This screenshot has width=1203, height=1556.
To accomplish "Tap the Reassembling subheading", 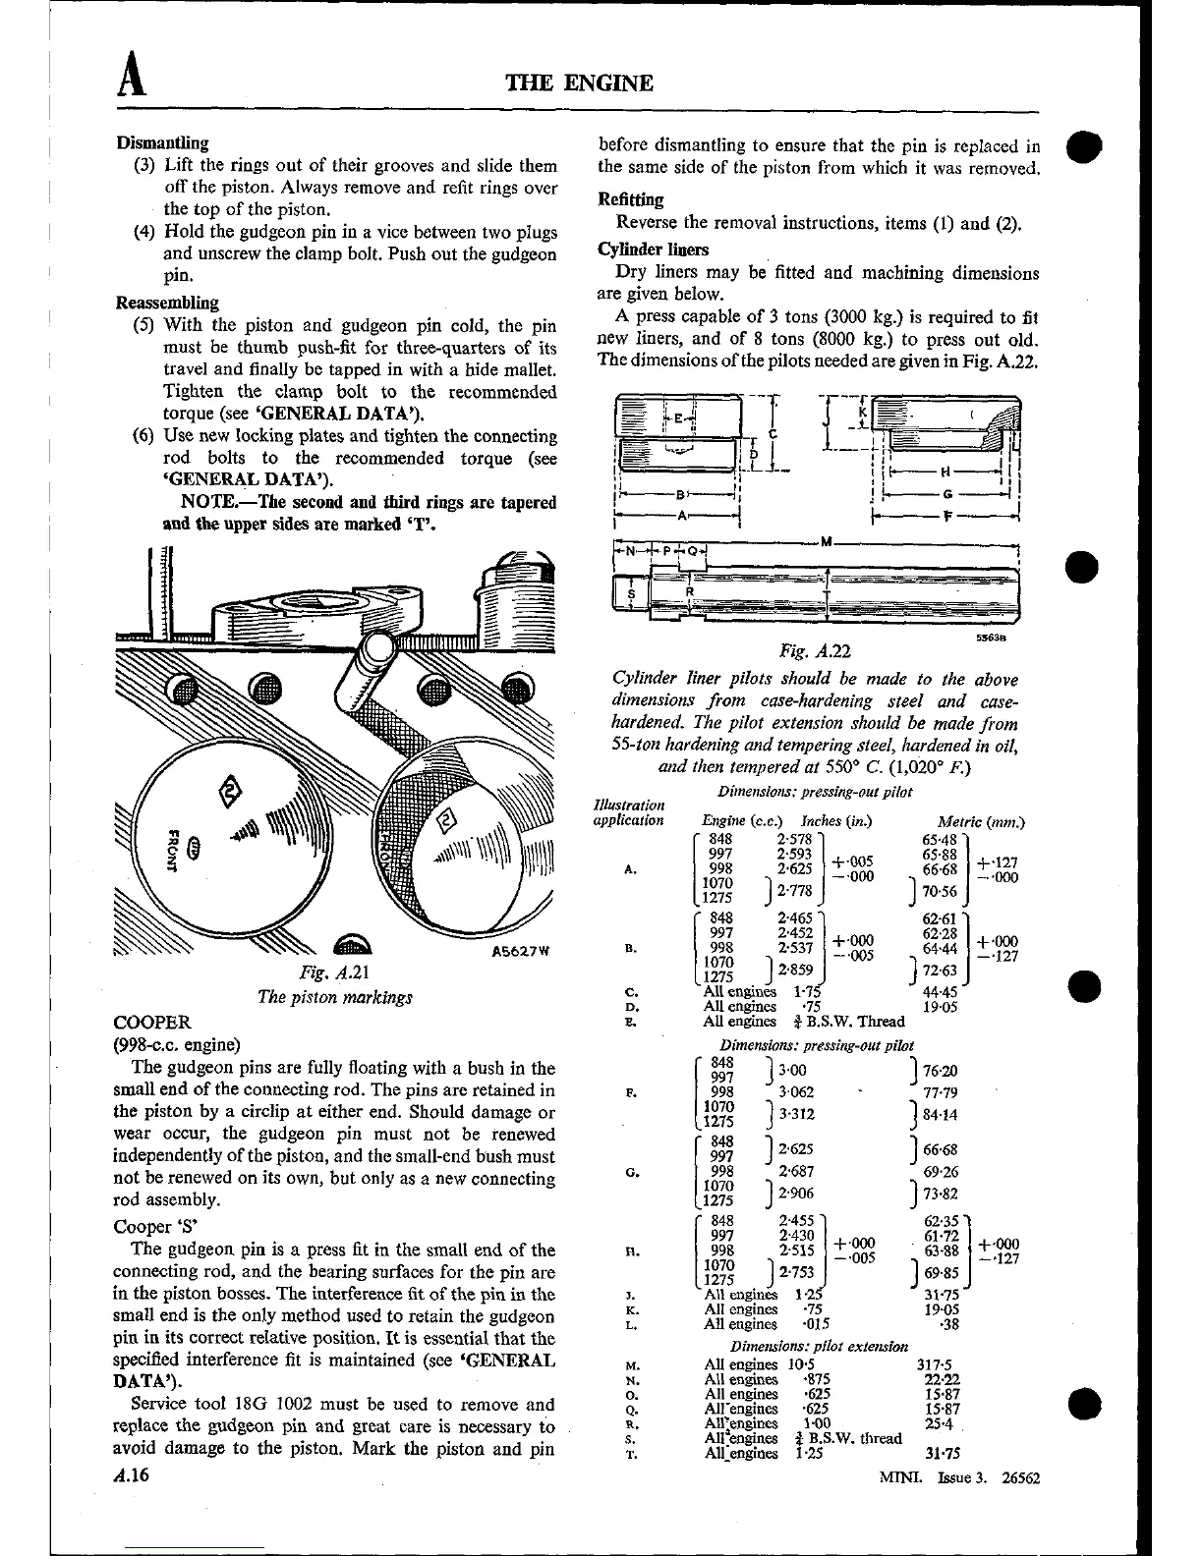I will click(x=168, y=303).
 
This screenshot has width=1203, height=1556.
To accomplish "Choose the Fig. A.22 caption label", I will click(x=813, y=651).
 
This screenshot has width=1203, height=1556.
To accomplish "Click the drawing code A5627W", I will click(x=516, y=951).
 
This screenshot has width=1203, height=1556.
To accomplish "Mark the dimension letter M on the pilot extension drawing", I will click(x=827, y=543).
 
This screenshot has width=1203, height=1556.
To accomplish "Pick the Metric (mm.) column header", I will click(x=981, y=821).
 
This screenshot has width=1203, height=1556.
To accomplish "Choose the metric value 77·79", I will click(x=941, y=1091).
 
